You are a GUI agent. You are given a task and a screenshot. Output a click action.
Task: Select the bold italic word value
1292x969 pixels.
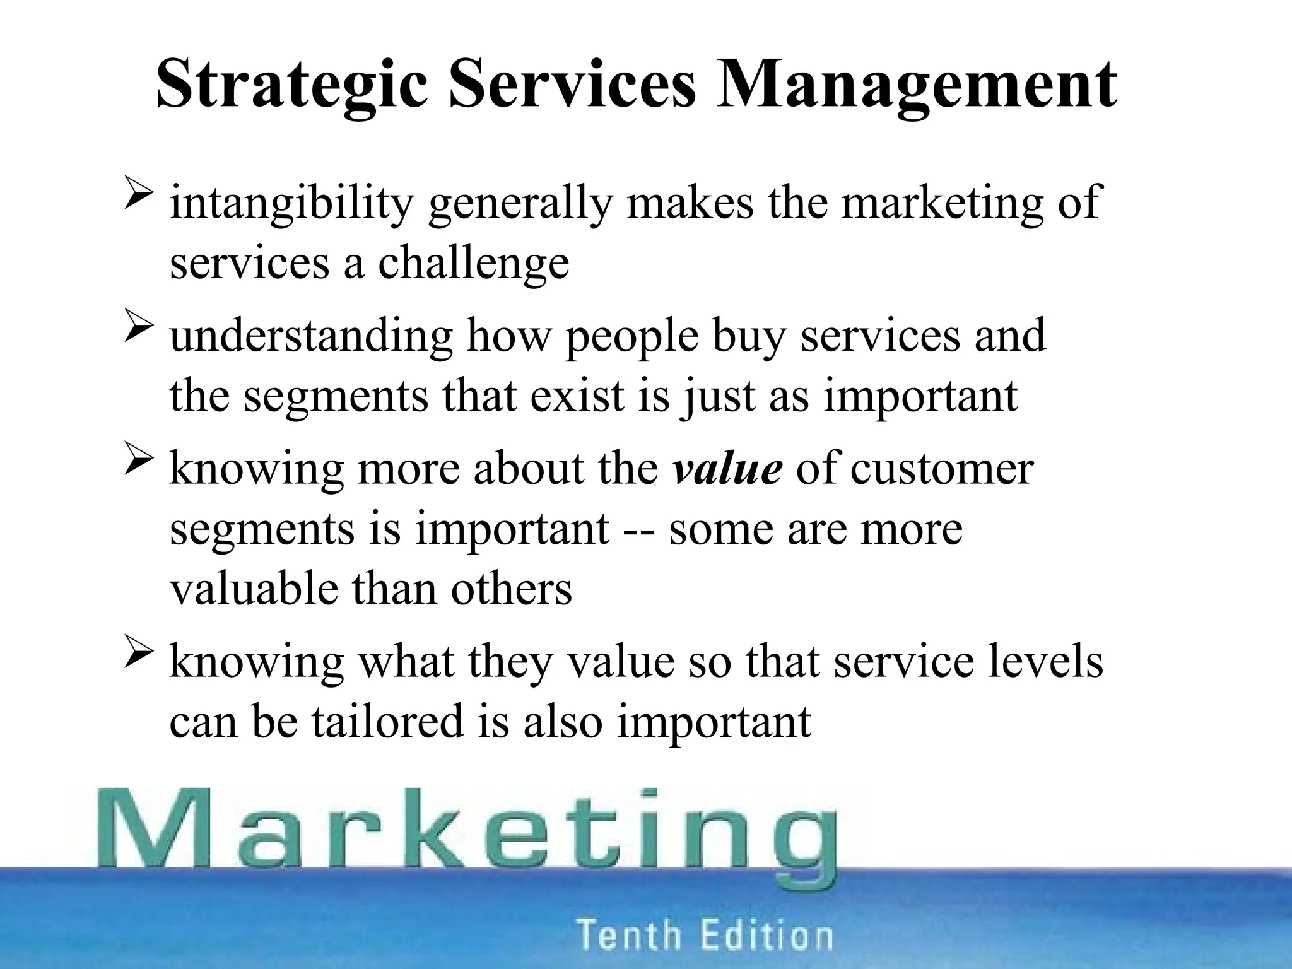(x=727, y=469)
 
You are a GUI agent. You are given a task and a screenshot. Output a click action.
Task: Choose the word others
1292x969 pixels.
(x=511, y=589)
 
